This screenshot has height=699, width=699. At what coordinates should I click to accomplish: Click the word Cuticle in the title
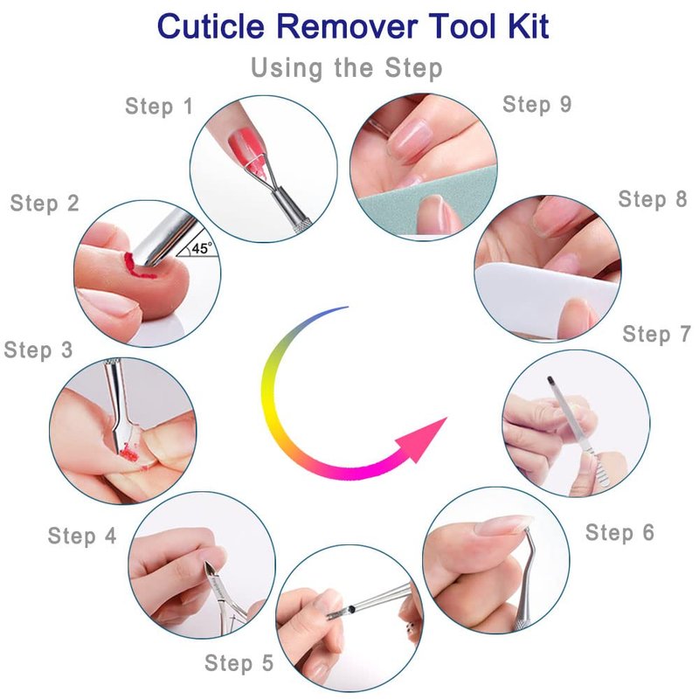211,26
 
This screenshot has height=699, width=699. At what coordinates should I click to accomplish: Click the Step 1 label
159,107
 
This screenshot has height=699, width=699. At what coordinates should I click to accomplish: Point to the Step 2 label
45,204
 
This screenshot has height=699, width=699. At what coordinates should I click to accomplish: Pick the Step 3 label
38,350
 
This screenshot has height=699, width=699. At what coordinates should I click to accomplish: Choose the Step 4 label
82,536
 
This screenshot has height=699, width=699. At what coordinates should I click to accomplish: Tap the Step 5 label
239,663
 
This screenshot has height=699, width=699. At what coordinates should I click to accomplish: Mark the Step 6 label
619,532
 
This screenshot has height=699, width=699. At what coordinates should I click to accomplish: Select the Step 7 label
657,334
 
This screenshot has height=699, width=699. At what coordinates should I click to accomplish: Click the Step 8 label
653,199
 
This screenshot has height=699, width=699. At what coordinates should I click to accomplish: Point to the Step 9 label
536,104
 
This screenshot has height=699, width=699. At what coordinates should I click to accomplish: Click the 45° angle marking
201,248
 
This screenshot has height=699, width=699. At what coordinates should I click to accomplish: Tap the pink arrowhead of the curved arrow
424,440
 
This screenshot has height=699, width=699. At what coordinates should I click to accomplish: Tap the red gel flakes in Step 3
129,453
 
